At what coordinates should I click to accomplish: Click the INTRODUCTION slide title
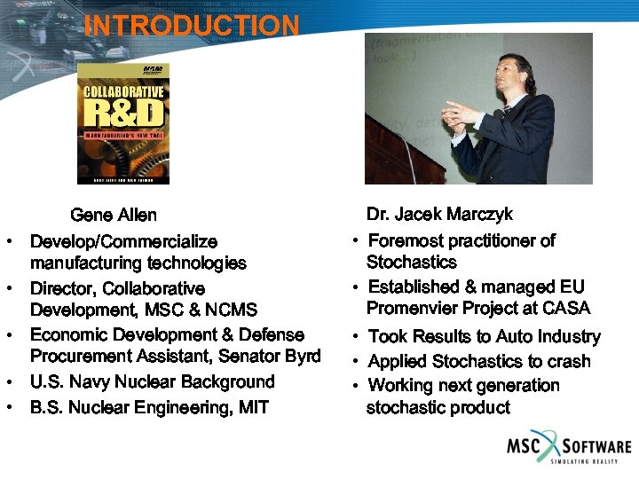click(x=192, y=26)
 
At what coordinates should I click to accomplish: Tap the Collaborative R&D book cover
click(x=122, y=122)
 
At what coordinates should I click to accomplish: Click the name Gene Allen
click(x=113, y=216)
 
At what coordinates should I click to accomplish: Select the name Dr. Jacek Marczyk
click(x=439, y=215)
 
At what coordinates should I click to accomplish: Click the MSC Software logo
click(x=568, y=448)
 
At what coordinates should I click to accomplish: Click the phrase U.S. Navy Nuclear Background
click(x=153, y=382)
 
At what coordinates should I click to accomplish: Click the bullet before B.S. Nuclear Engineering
click(x=8, y=409)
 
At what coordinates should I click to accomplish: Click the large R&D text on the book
click(x=122, y=113)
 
